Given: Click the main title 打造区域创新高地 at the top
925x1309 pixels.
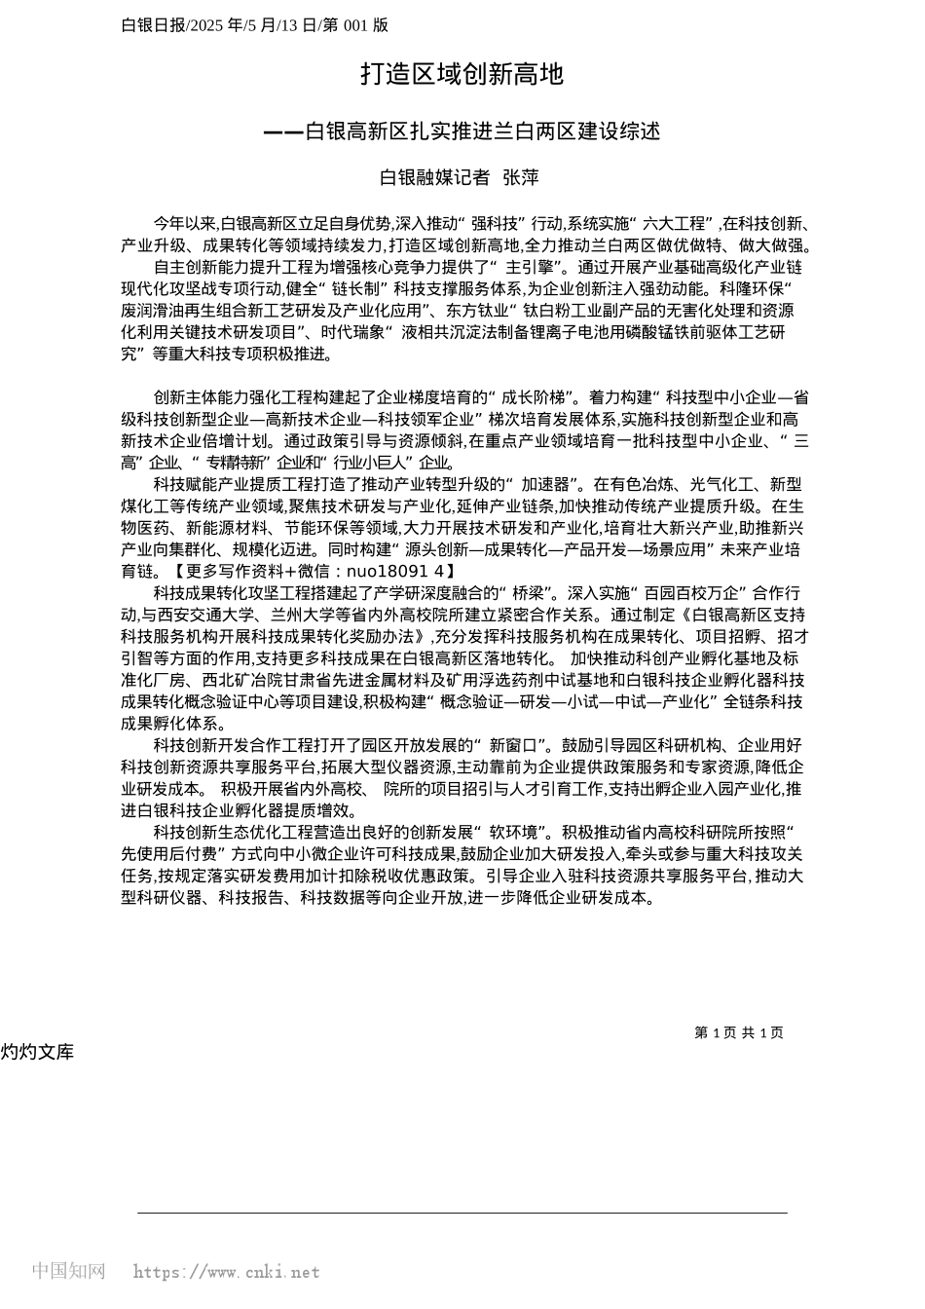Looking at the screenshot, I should (462, 74).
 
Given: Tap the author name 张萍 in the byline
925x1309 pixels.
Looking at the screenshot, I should (521, 177).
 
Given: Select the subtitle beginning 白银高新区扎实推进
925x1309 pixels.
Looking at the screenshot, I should (482, 131).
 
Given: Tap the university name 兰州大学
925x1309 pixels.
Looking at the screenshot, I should (307, 615).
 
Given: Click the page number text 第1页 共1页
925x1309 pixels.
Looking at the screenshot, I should (738, 1032).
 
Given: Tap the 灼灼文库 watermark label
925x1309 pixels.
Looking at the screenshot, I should (37, 1052).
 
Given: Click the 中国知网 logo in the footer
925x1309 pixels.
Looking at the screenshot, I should (69, 1270).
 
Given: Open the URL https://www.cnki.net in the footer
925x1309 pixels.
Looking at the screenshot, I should (226, 1272).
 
